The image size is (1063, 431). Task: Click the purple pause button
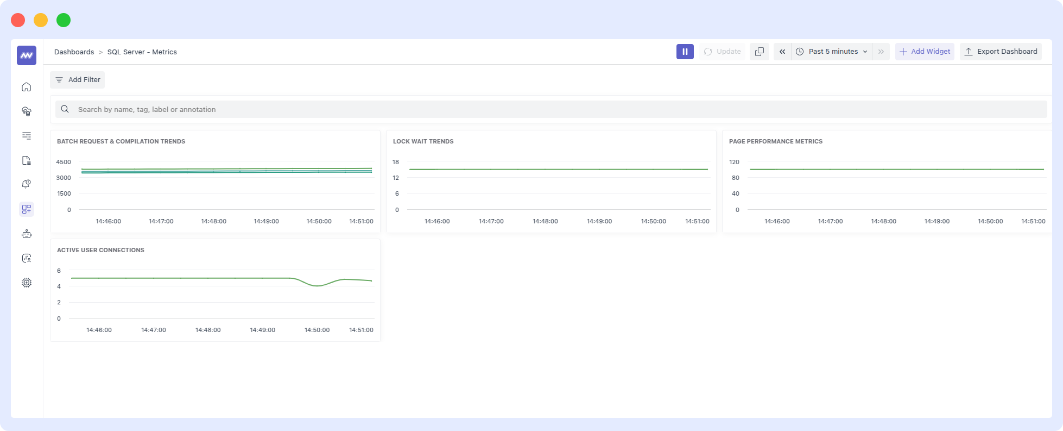(685, 52)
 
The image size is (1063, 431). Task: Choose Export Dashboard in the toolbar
(1001, 52)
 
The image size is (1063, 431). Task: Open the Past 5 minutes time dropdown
(832, 52)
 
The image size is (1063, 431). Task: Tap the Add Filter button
(78, 80)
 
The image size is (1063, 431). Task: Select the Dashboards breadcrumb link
(74, 52)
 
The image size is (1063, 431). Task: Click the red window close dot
(18, 20)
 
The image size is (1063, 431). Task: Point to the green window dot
(64, 20)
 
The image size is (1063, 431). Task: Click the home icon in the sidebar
(27, 87)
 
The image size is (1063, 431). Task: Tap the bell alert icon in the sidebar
(27, 185)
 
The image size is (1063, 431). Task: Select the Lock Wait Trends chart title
(423, 141)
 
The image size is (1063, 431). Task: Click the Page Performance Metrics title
(775, 141)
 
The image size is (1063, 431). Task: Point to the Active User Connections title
(100, 250)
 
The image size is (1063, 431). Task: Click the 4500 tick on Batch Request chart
(64, 162)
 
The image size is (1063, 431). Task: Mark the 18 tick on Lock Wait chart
(396, 162)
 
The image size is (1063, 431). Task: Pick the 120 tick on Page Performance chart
(734, 162)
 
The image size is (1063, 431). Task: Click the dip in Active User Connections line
(318, 285)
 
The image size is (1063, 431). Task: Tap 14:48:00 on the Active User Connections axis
(208, 330)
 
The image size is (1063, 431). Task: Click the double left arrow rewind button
(782, 52)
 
